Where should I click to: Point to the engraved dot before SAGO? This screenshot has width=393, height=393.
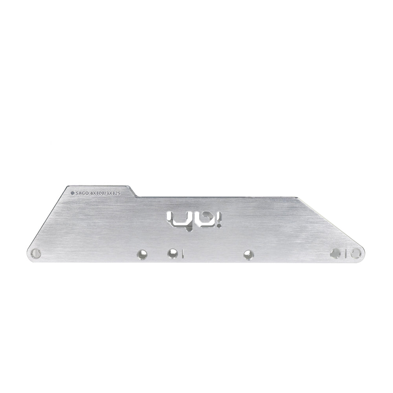click(x=72, y=193)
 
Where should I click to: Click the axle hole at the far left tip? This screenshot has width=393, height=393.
click(x=35, y=253)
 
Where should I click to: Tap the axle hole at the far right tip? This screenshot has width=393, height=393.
click(x=356, y=253)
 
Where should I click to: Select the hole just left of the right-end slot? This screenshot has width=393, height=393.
click(x=335, y=253)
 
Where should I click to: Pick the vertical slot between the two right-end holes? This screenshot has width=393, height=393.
click(x=345, y=253)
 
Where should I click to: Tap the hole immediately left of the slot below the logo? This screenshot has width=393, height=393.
click(x=171, y=253)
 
